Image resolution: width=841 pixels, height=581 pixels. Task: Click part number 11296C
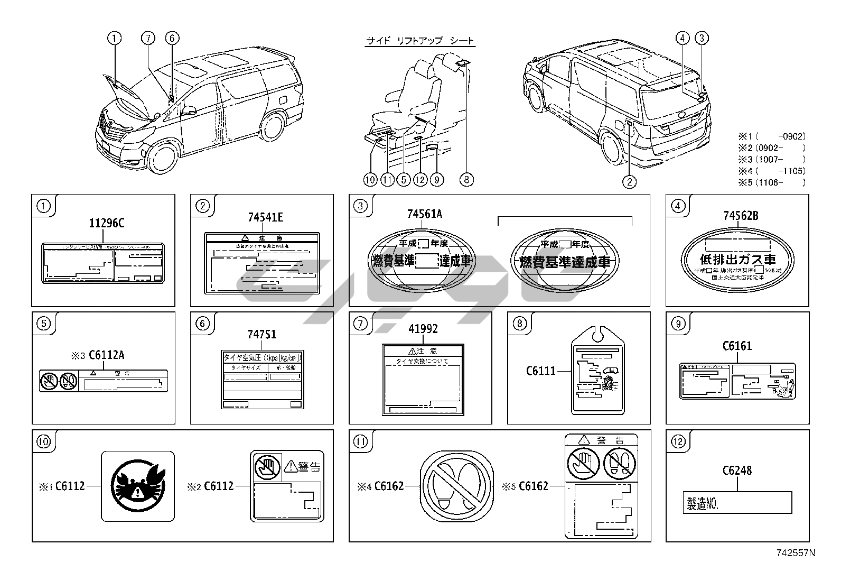[106, 223]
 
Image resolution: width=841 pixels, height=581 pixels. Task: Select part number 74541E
[265, 217]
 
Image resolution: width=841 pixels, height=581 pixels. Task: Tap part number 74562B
[741, 216]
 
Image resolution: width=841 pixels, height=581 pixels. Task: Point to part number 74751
[262, 334]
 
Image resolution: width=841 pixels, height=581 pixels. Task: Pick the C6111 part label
[540, 371]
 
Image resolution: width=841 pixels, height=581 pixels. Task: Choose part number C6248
[736, 471]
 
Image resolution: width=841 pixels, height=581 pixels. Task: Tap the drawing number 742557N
[796, 554]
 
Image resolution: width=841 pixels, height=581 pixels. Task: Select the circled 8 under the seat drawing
[466, 180]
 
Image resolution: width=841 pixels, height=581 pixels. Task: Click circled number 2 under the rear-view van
[629, 182]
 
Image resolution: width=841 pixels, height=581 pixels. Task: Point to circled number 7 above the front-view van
[148, 38]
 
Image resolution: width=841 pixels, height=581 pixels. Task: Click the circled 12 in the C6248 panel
[678, 442]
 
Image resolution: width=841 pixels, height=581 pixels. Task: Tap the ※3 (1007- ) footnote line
[772, 159]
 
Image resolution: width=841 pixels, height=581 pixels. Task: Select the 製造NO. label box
[737, 503]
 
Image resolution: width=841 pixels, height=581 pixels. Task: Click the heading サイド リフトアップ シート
[421, 41]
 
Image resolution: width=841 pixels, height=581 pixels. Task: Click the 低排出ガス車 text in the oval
[737, 260]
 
